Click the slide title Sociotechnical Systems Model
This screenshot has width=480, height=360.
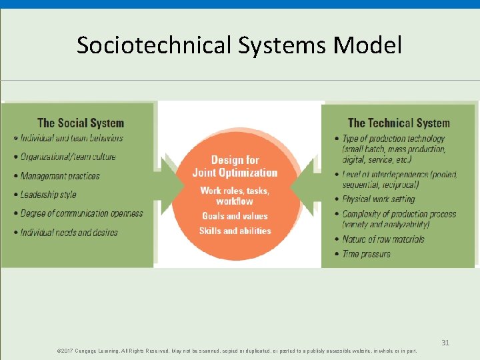click(x=239, y=46)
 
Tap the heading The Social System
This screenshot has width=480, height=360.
click(x=81, y=123)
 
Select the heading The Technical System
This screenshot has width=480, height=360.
click(x=399, y=123)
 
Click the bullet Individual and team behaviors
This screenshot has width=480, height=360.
click(x=71, y=138)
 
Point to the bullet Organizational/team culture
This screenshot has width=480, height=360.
click(x=68, y=157)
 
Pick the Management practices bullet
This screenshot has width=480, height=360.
click(x=60, y=176)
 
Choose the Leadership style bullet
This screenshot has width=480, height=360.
click(x=49, y=195)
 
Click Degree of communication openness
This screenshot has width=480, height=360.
click(x=81, y=213)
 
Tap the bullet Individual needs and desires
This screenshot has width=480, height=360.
click(x=69, y=232)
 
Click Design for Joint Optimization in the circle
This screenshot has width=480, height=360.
click(x=235, y=166)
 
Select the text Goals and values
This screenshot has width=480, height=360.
click(x=235, y=216)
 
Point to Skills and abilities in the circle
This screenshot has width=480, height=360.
click(x=235, y=231)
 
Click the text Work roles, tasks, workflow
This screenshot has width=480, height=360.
click(x=235, y=195)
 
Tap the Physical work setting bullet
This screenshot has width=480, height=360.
click(x=378, y=199)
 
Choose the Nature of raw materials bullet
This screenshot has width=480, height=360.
click(x=383, y=239)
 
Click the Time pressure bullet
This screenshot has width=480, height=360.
click(x=366, y=254)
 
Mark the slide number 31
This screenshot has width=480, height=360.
click(x=445, y=343)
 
